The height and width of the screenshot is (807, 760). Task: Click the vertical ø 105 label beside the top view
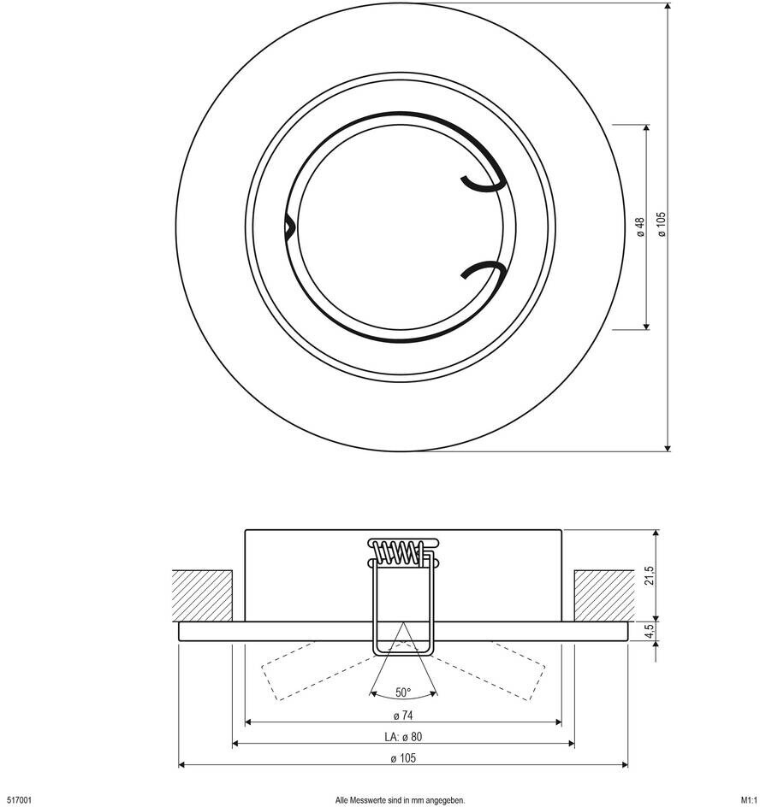click(660, 224)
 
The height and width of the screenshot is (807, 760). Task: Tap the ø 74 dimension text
click(402, 715)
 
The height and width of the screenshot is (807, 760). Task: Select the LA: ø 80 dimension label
click(402, 736)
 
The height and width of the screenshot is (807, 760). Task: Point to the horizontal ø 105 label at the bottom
click(402, 757)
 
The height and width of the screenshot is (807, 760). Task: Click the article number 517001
click(19, 800)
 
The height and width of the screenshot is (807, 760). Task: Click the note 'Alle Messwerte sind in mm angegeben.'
click(400, 800)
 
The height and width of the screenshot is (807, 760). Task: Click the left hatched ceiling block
click(203, 594)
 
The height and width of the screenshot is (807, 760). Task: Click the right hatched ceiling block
click(603, 594)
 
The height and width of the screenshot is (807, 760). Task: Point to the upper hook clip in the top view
click(481, 181)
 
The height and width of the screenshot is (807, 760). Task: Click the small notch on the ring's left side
click(289, 227)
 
